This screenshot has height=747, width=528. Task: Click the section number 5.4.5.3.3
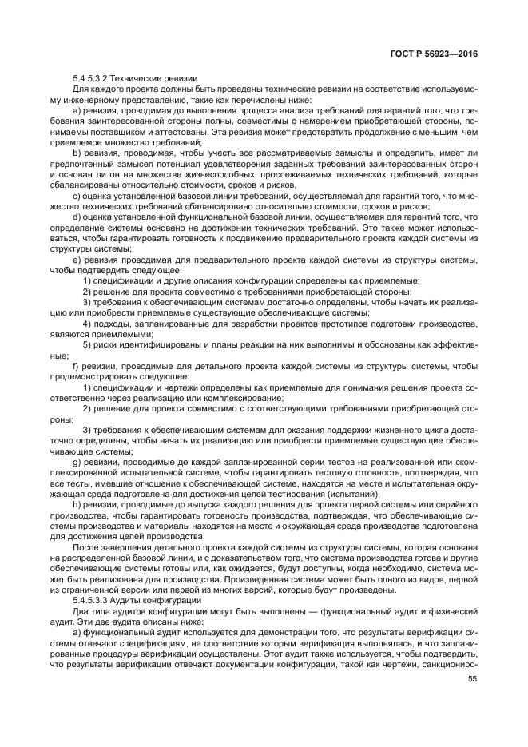click(89, 599)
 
